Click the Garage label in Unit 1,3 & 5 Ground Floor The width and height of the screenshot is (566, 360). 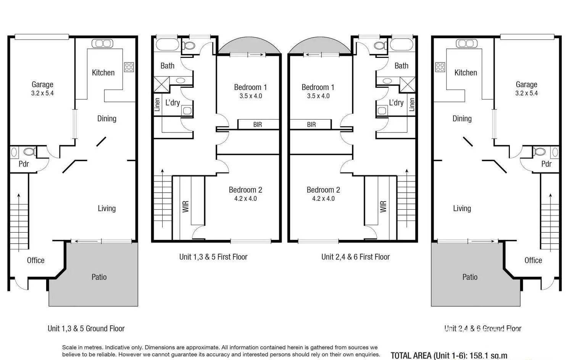42,84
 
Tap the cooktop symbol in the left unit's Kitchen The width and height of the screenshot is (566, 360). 129,67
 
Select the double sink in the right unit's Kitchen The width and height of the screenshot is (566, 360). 466,43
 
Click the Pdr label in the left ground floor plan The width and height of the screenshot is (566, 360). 24,164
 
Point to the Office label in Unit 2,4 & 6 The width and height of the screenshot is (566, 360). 533,260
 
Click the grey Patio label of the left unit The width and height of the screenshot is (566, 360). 99,277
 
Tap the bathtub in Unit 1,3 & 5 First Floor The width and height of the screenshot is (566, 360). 166,45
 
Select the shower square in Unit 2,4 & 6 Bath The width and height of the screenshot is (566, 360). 407,84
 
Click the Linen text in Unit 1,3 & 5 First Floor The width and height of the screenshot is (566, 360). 157,104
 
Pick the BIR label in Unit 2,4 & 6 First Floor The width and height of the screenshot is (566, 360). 311,125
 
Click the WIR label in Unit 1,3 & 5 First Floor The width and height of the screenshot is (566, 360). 186,206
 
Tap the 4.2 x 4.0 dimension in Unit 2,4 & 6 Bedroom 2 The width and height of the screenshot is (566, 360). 323,199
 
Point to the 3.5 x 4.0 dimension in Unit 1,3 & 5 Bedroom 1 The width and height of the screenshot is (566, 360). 251,96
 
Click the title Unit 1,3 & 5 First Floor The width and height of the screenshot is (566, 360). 213,257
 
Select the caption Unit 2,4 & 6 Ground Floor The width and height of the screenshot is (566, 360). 482,328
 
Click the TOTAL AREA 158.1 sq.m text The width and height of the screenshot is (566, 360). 449,355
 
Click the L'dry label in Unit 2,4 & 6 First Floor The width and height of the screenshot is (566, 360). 396,103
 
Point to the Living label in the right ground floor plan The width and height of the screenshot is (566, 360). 462,208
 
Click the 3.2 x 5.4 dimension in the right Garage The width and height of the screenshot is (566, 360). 526,93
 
